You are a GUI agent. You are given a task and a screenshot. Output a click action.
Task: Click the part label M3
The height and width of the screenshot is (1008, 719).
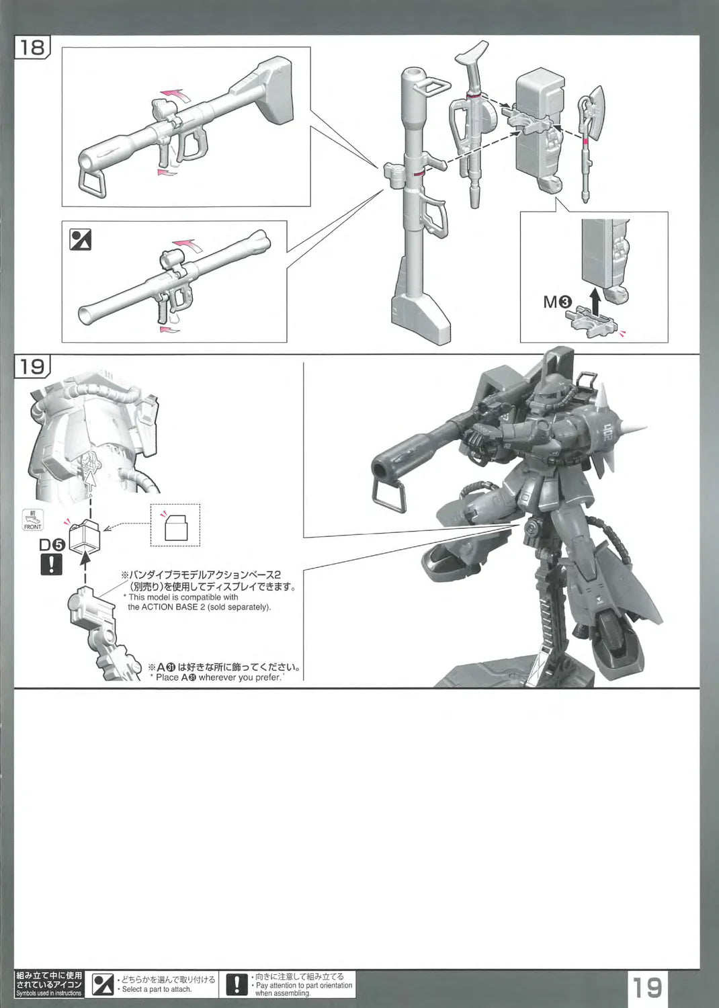coord(558,302)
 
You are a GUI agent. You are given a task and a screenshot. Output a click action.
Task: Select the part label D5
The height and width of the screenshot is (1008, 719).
coord(52,545)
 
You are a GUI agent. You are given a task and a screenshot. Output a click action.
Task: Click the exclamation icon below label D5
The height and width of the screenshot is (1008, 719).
coord(51,564)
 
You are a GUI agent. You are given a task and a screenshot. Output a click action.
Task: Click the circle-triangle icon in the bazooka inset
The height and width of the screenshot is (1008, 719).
coord(81,239)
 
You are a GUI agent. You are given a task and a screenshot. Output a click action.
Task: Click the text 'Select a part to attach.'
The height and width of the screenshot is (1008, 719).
coord(156,989)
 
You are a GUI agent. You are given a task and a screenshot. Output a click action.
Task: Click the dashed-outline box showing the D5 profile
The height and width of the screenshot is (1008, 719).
coord(175,525)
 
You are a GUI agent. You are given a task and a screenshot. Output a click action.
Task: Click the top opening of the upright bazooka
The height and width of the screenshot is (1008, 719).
coord(412,72)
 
